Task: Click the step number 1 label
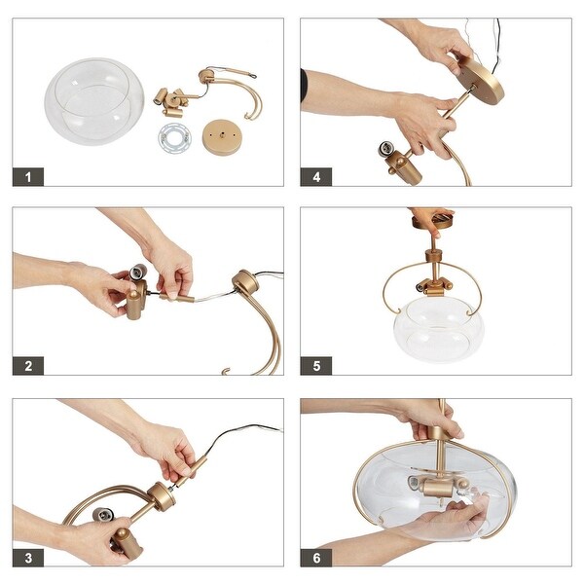(x=28, y=176)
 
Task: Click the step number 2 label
(x=28, y=366)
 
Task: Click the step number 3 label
(x=28, y=557)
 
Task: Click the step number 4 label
(x=315, y=176)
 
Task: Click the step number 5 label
(x=315, y=366)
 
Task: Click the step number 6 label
(x=315, y=557)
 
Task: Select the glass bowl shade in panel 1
(x=93, y=99)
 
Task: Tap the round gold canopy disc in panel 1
(x=221, y=135)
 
